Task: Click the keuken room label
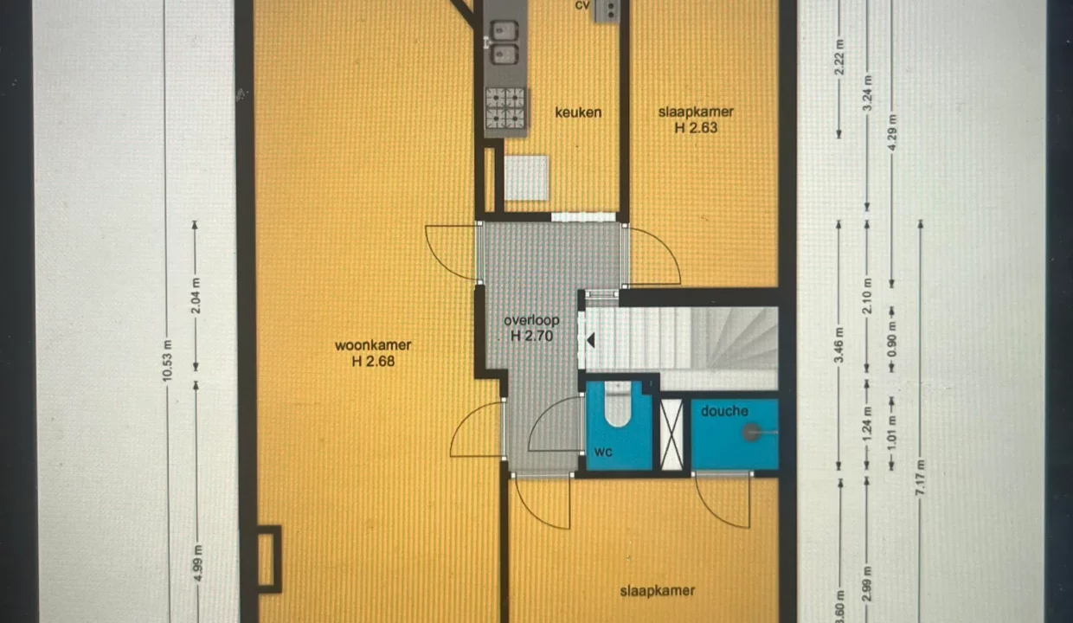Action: coord(578,112)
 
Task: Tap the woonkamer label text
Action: coord(373,345)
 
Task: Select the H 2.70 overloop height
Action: coord(531,337)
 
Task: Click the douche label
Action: coord(724,411)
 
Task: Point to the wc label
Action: coord(603,452)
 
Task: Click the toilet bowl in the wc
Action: coord(618,404)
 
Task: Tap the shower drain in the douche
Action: coord(752,433)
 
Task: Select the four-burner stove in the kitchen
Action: coord(505,108)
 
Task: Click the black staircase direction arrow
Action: coord(591,340)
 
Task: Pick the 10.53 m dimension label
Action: coord(167,361)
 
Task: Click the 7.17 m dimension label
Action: coord(920,478)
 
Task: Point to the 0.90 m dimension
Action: coord(892,341)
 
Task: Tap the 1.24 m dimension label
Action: coord(867,424)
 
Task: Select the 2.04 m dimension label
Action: coord(196,296)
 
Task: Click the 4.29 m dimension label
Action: coord(892,132)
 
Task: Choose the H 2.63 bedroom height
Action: coord(696,128)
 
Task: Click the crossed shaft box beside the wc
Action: coord(671,435)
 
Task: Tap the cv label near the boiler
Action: coord(582,5)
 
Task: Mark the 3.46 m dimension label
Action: coord(838,345)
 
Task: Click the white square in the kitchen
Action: coord(526,177)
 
